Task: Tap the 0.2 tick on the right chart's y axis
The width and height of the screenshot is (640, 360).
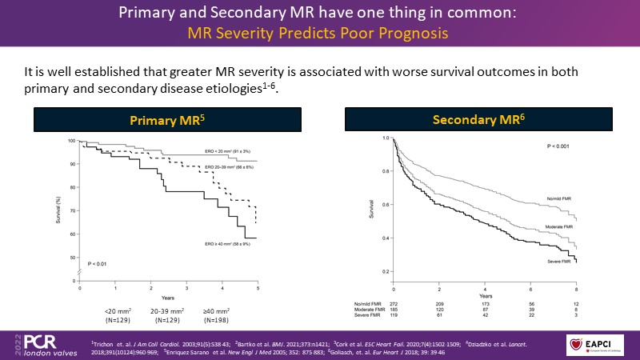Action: (x=384, y=271)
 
